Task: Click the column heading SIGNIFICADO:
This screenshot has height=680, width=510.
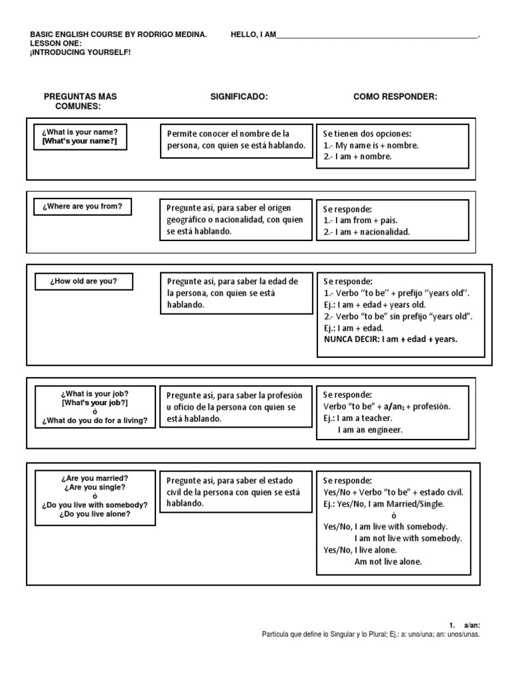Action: click(238, 97)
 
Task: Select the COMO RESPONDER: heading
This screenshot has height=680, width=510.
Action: click(395, 97)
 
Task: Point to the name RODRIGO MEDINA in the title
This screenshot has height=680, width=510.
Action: click(167, 35)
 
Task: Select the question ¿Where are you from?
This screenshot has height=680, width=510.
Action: click(82, 207)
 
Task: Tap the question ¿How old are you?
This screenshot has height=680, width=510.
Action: click(83, 281)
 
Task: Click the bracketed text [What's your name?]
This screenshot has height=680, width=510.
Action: click(84, 142)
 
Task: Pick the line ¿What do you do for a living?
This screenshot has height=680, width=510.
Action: click(94, 420)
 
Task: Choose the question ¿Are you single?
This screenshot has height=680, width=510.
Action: click(94, 487)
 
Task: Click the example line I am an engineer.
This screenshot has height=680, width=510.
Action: click(370, 430)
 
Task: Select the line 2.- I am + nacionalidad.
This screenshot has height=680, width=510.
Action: click(367, 232)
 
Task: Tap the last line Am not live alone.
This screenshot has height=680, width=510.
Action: click(388, 562)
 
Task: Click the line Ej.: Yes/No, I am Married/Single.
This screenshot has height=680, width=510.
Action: click(383, 504)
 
